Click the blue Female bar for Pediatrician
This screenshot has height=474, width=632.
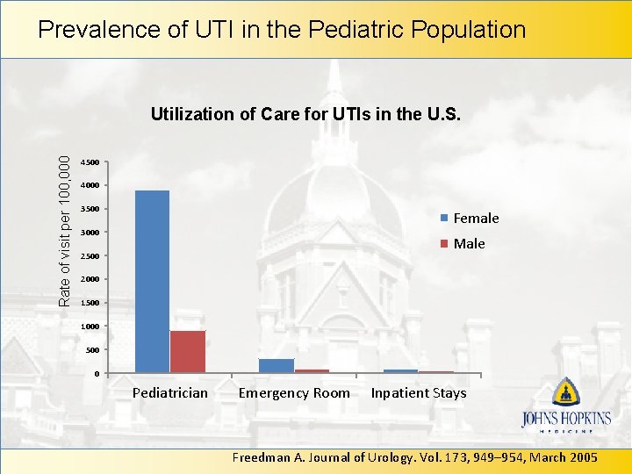pos(152,281)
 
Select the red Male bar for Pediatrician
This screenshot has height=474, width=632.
pos(188,351)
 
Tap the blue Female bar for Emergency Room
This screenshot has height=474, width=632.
pos(276,365)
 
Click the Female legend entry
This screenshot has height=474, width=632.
pos(475,219)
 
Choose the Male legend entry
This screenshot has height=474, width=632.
pos(469,244)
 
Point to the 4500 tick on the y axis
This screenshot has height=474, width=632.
pos(90,162)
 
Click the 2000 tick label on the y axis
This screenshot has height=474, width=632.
pos(90,280)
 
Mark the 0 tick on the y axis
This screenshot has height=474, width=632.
pos(96,375)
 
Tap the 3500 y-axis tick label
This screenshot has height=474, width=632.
pos(90,210)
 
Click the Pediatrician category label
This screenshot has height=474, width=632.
pos(170,393)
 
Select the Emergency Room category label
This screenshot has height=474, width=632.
pos(294,393)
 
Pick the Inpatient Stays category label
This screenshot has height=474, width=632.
pos(419,393)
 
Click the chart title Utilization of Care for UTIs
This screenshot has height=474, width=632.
pos(305,114)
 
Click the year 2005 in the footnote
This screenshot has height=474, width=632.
pos(582,457)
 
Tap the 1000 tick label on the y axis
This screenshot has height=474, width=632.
pos(90,327)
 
